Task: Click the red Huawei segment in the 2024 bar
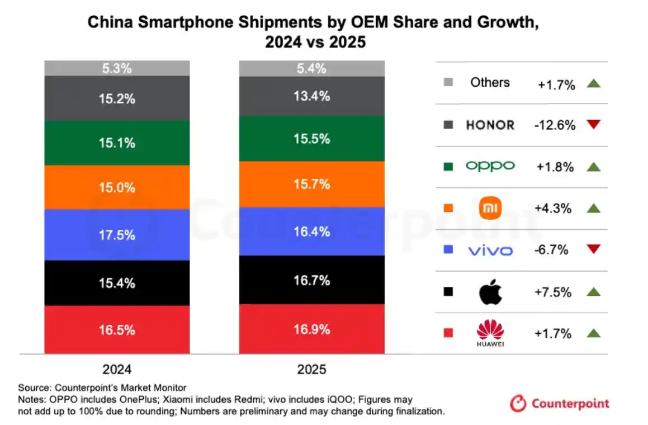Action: click(x=117, y=330)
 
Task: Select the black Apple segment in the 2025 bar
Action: click(x=311, y=280)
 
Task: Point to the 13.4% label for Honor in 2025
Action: click(x=312, y=96)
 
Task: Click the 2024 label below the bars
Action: click(x=117, y=370)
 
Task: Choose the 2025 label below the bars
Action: click(x=311, y=370)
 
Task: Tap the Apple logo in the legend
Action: click(x=490, y=292)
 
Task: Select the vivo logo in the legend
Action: click(x=490, y=251)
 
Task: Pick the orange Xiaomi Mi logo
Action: click(x=490, y=209)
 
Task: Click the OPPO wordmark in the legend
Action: click(x=490, y=166)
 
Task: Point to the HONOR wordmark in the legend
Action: click(x=490, y=125)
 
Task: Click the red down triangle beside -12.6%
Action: click(x=593, y=125)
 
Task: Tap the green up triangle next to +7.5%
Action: click(x=593, y=291)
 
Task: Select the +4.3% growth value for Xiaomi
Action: click(x=552, y=209)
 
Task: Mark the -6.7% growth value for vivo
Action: click(x=552, y=250)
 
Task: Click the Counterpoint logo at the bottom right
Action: click(x=559, y=403)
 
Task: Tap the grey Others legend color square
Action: click(x=447, y=83)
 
